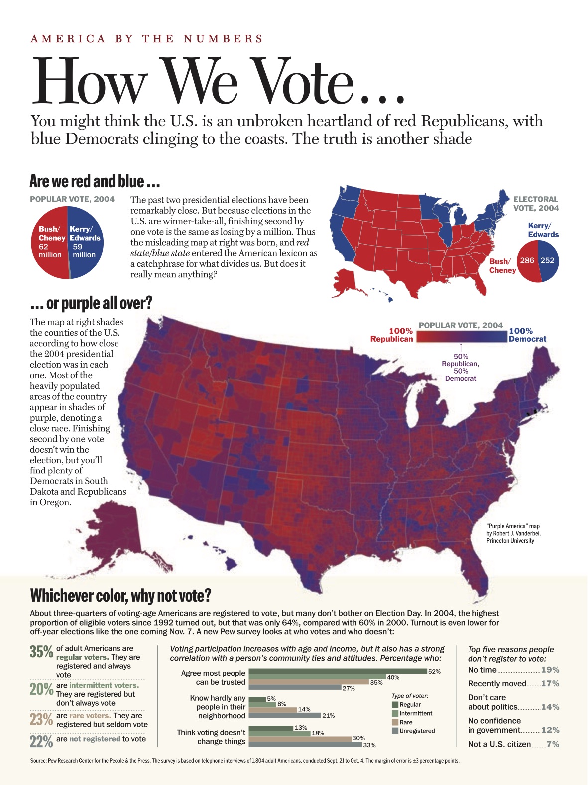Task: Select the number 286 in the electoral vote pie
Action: [527, 260]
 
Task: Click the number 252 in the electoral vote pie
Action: [547, 260]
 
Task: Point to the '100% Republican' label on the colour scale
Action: [392, 335]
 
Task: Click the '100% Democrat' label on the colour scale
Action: [527, 335]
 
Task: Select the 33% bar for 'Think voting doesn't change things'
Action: [305, 744]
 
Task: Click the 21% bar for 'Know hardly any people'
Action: [284, 715]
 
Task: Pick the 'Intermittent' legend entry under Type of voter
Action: [415, 713]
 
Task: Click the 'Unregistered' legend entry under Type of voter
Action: [416, 731]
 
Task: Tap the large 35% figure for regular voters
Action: [41, 652]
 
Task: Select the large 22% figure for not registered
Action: [41, 742]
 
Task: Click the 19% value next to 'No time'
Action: [550, 670]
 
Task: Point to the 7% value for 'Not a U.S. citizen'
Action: [553, 744]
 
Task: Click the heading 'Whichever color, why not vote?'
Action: [120, 595]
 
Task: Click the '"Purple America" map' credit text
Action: [512, 526]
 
